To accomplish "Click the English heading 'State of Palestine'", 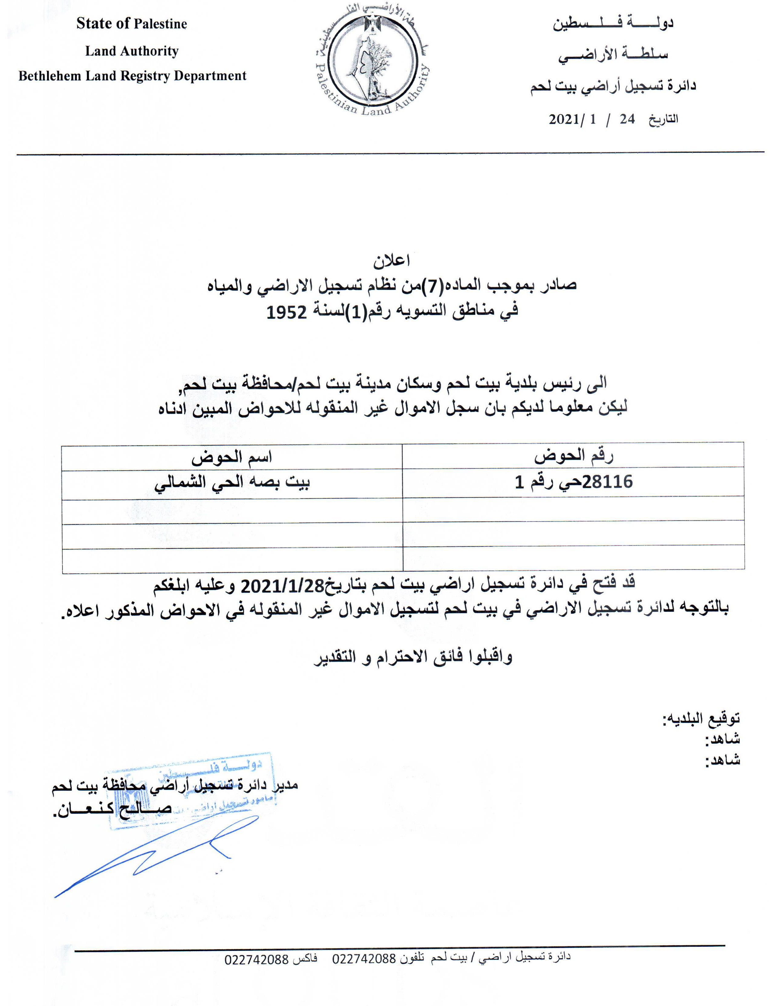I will pos(132,24).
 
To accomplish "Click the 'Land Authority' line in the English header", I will pos(132,51).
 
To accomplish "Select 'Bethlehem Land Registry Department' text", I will pos(133,76).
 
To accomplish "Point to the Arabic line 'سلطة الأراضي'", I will pos(613,55).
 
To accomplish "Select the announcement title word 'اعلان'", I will pos(391,261).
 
